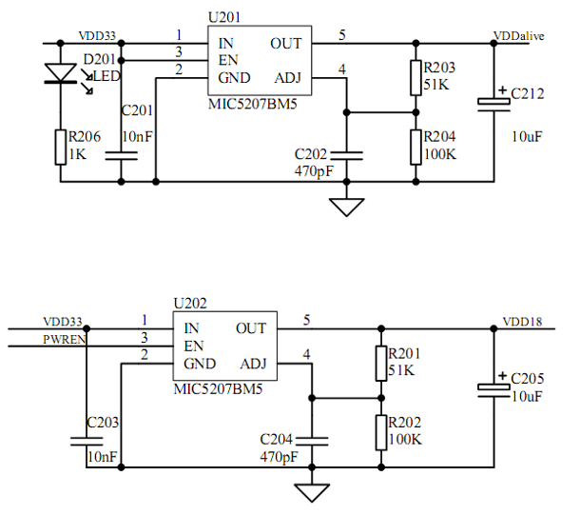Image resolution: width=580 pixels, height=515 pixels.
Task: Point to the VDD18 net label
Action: click(522, 321)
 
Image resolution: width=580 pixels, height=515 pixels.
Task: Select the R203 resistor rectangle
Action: click(416, 78)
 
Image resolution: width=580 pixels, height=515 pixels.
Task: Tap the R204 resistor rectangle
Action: click(416, 146)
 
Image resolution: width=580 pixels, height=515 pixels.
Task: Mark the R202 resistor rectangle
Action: click(380, 431)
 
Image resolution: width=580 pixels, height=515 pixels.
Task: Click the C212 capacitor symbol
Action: click(494, 101)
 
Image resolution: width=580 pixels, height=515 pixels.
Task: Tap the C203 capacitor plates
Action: click(86, 440)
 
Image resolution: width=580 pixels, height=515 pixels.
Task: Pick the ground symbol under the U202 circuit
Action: click(311, 492)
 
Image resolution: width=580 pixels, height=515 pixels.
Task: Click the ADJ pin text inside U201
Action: click(288, 77)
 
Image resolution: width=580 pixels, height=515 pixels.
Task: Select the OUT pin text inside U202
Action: click(251, 328)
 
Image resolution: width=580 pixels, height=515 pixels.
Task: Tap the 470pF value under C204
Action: click(280, 458)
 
